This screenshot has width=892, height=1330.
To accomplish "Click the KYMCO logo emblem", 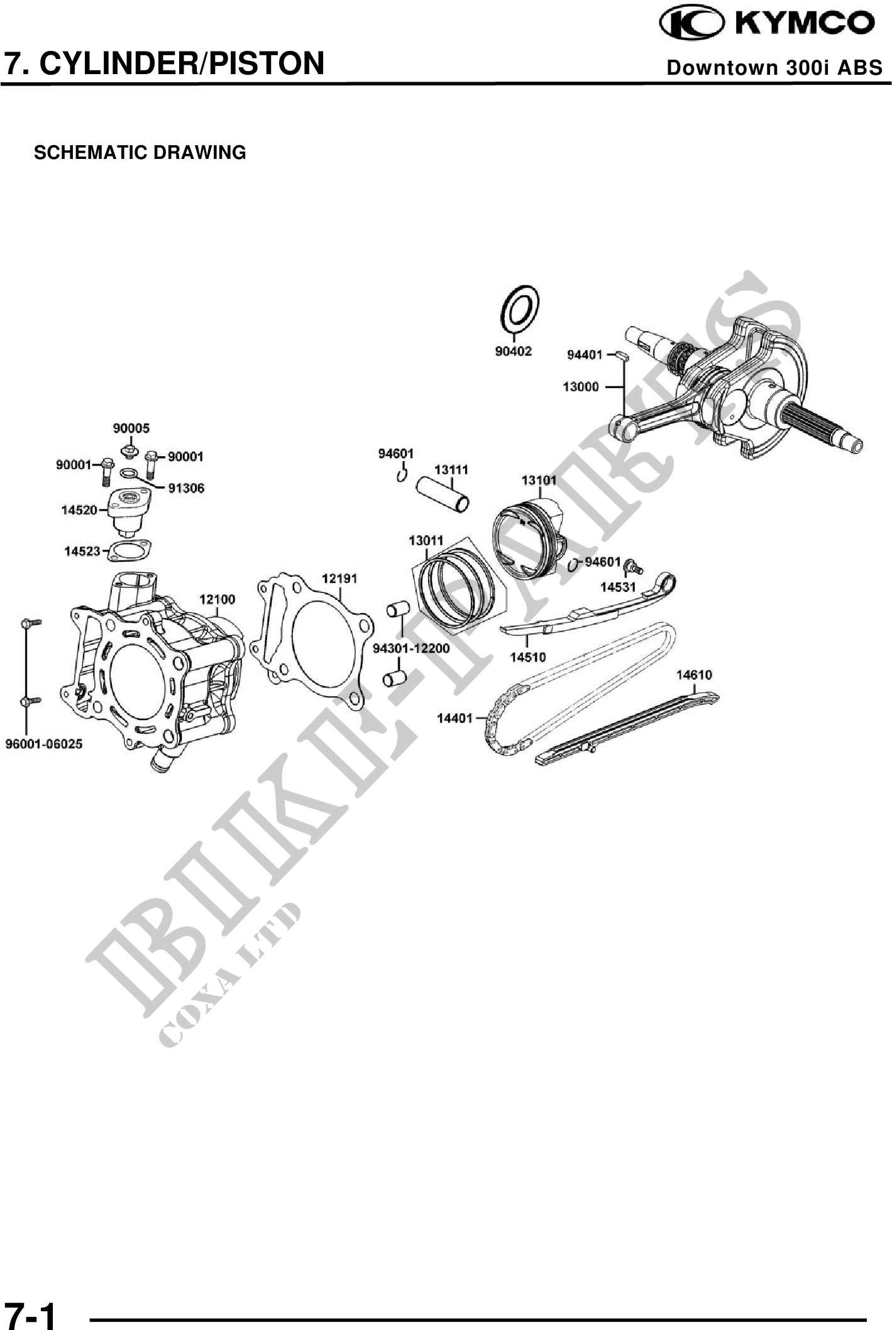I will [x=690, y=24].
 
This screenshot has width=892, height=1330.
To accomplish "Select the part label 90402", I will [x=513, y=351].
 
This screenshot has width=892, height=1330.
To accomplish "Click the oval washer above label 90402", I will [x=519, y=308].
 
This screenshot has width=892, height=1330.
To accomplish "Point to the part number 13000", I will [x=580, y=387].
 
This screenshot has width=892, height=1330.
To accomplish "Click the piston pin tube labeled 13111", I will [x=444, y=494].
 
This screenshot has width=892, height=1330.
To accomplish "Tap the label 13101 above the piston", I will [x=539, y=480].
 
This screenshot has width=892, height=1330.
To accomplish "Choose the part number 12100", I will [x=217, y=599].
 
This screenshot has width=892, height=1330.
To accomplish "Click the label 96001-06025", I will [x=44, y=744].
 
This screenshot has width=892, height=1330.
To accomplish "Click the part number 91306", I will [x=186, y=488].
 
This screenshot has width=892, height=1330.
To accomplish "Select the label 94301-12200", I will [x=411, y=648].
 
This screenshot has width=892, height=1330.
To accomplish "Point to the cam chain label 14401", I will [x=454, y=717].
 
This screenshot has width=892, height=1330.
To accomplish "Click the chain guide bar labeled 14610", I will [x=629, y=729].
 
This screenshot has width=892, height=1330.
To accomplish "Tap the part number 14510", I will [x=527, y=657].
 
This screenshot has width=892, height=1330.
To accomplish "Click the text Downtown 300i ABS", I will [x=774, y=68].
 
